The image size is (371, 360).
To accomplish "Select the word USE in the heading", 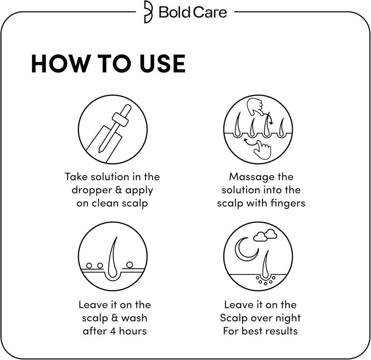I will click(x=160, y=64).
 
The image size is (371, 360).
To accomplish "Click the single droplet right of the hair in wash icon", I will click(x=130, y=264).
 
